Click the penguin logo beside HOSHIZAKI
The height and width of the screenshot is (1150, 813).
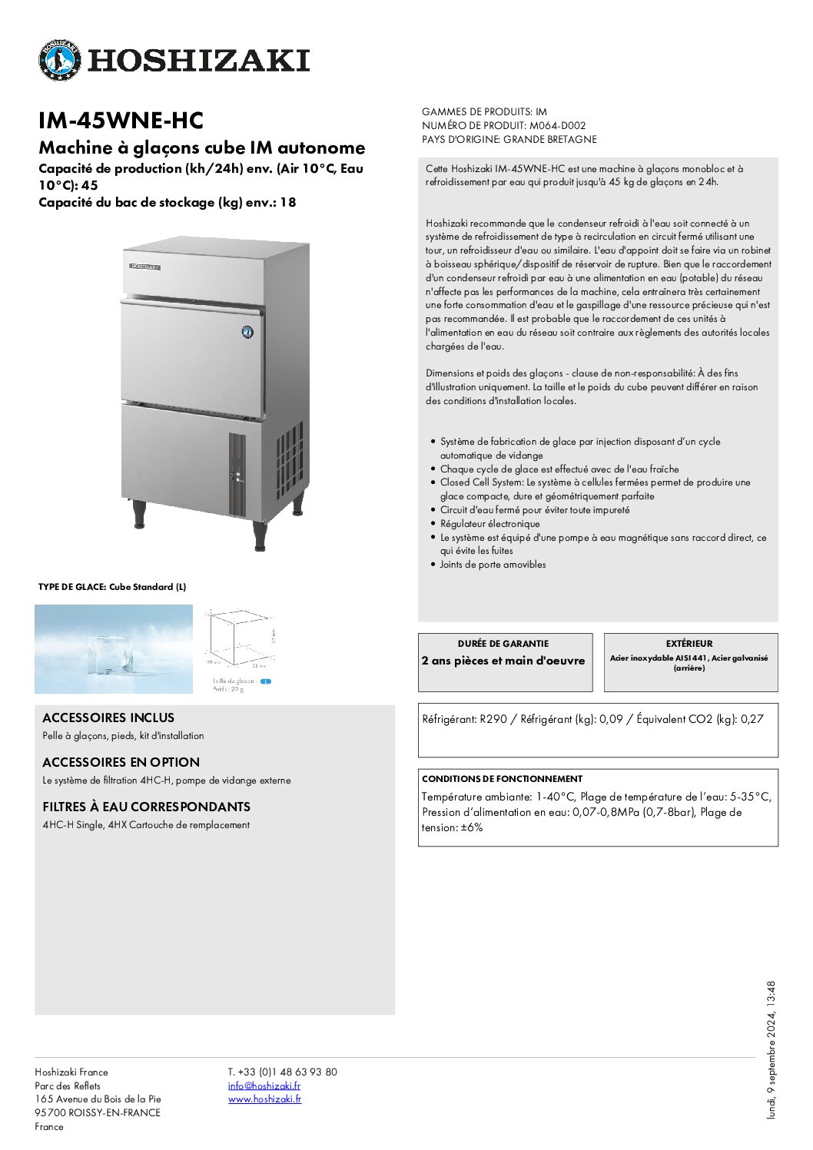pyautogui.click(x=59, y=60)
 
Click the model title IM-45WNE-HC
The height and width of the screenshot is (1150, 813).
pyautogui.click(x=121, y=121)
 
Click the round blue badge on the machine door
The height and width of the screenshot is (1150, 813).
pyautogui.click(x=247, y=332)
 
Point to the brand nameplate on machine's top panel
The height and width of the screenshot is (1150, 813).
pyautogui.click(x=144, y=267)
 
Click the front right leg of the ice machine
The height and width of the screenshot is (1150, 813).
pyautogui.click(x=260, y=535)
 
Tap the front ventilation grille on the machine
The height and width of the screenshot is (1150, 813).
pyautogui.click(x=237, y=474)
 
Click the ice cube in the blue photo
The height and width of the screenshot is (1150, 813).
pyautogui.click(x=111, y=654)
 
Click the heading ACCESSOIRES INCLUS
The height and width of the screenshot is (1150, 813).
pyautogui.click(x=108, y=718)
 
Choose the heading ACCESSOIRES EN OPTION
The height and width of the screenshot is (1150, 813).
pyautogui.click(x=121, y=762)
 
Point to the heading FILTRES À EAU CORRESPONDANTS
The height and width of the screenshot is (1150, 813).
pyautogui.click(x=146, y=807)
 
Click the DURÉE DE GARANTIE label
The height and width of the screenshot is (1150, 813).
pyautogui.click(x=503, y=644)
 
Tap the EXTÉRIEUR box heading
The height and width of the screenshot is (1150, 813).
pyautogui.click(x=689, y=644)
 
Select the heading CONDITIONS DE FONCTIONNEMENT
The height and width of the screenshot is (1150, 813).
pyautogui.click(x=502, y=778)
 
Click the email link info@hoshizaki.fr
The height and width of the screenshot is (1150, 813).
pyautogui.click(x=264, y=1085)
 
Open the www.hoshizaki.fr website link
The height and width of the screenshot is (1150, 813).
pyautogui.click(x=264, y=1099)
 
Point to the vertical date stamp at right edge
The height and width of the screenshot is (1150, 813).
pyautogui.click(x=771, y=1049)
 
